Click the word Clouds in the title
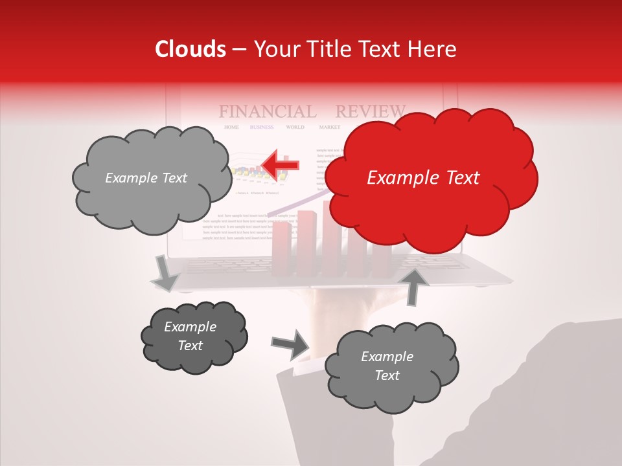click(190, 49)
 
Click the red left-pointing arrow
click(282, 165)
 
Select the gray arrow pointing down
click(166, 272)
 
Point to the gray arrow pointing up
click(414, 285)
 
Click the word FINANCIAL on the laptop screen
click(267, 111)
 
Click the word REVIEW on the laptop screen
click(370, 111)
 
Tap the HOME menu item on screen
click(231, 128)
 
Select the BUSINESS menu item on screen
click(262, 128)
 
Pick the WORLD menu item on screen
click(295, 128)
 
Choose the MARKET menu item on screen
click(329, 128)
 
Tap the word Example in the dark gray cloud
click(190, 327)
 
